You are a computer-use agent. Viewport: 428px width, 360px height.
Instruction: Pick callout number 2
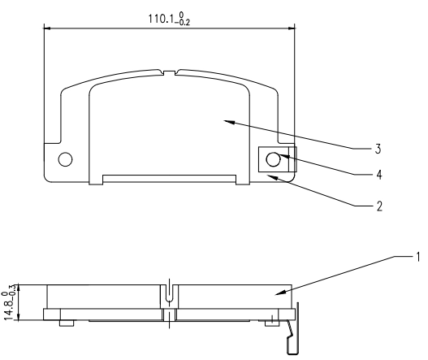click(x=378, y=206)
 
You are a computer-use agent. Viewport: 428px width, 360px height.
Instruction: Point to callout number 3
click(x=378, y=149)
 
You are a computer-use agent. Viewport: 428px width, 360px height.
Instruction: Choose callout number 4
click(x=378, y=173)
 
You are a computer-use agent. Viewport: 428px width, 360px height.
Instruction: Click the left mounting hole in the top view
click(x=65, y=157)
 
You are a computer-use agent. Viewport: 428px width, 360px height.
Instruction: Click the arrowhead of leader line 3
click(x=228, y=121)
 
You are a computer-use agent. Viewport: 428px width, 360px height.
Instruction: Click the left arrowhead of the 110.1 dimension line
click(x=46, y=29)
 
